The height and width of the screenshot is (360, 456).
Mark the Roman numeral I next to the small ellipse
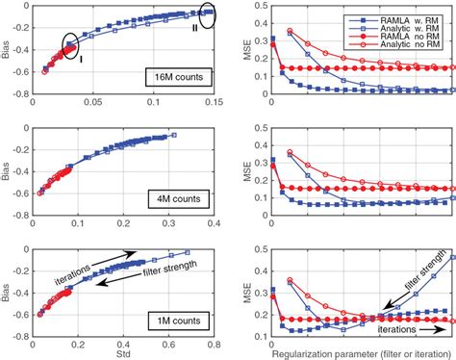[82, 59]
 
